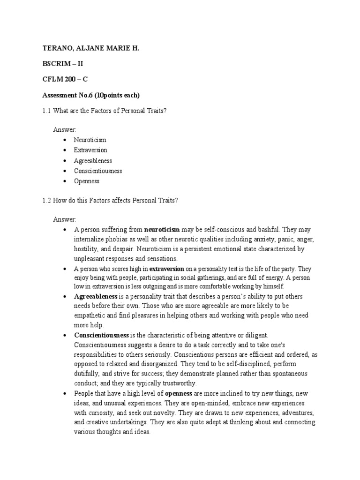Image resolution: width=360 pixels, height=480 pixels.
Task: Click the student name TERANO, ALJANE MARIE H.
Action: coord(91,48)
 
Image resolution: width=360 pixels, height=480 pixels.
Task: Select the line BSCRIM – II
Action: coord(63,64)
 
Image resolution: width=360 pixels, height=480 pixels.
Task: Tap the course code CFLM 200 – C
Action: coord(65,80)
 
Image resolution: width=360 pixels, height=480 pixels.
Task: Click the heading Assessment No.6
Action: coord(91,95)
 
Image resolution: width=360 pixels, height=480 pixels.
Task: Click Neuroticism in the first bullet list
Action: coord(90,140)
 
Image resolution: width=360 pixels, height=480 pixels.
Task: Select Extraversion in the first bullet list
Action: coord(90,150)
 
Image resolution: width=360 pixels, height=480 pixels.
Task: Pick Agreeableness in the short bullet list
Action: coord(93,160)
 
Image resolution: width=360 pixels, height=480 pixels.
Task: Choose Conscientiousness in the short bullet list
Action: coord(98,171)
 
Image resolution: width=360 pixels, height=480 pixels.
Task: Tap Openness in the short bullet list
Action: coord(87,181)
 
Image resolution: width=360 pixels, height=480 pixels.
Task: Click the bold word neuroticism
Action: coord(162,230)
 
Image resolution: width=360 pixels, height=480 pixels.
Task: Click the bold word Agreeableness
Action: coord(96,297)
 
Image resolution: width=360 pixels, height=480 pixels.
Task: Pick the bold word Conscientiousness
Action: coord(101,335)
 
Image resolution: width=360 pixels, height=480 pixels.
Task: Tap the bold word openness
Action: coord(178,393)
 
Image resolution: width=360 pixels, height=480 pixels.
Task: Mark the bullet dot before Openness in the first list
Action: coord(64,181)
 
